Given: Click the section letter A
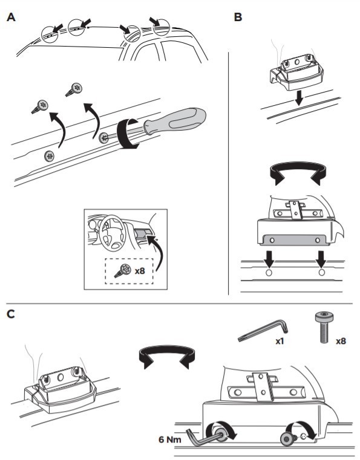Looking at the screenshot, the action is pos(11,17).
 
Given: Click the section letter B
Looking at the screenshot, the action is pos(238,17).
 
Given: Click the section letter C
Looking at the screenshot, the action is pos(10,314).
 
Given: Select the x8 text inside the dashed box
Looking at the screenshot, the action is pos(140,270).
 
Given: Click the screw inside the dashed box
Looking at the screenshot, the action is pos(123,270).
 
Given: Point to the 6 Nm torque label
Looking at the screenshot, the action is pos(170,439).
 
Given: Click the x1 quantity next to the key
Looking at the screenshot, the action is pos(280,341).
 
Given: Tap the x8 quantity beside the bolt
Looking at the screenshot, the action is pos(341,341).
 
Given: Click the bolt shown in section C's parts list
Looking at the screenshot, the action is pos(324,328).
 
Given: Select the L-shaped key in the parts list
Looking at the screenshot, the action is pos(263,331).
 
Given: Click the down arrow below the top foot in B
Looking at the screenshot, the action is pos(299,98).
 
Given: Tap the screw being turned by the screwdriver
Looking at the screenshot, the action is pos(103,138).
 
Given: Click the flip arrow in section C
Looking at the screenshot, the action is pos(167,350).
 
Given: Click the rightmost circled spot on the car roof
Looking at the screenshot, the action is pos(161,27).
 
